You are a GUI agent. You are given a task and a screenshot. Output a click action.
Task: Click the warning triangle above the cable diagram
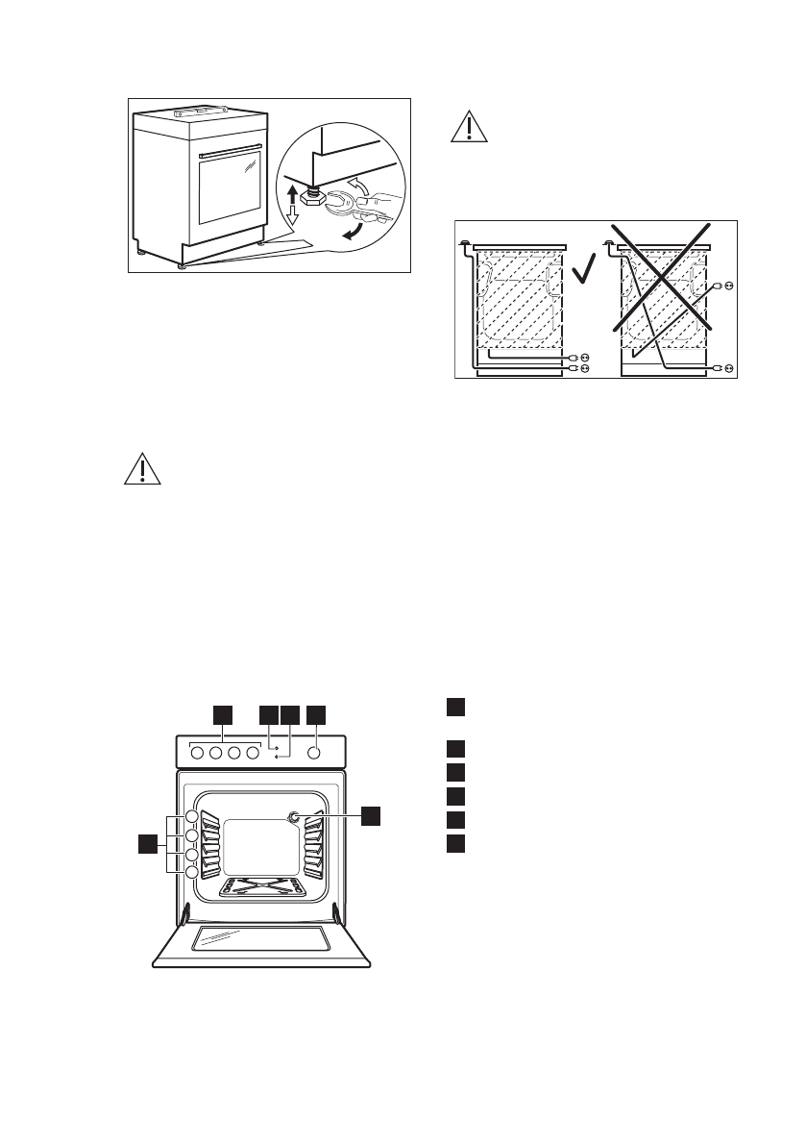[468, 128]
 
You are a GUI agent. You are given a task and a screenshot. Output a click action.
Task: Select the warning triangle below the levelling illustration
[141, 469]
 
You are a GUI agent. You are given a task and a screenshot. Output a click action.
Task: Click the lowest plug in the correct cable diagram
[577, 368]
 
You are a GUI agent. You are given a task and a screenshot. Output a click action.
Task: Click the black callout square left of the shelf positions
[145, 844]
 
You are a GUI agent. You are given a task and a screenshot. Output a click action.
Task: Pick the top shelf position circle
[192, 816]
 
